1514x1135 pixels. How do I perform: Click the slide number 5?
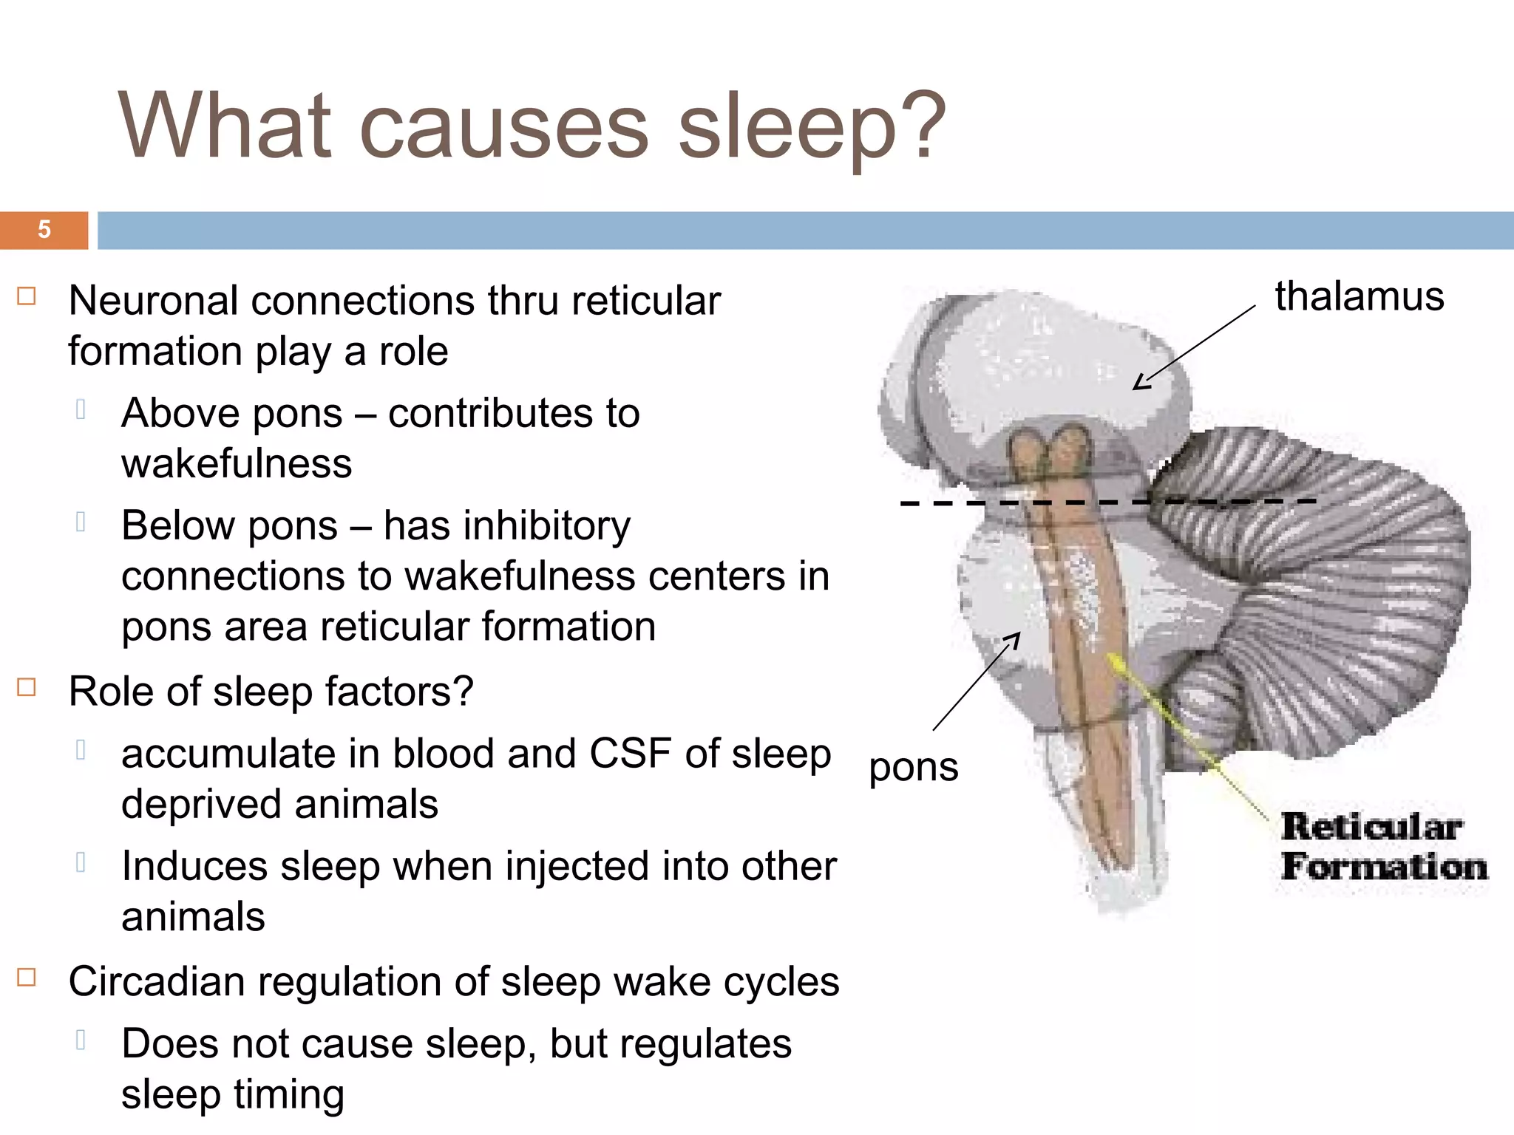(44, 230)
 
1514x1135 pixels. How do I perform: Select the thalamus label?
(1359, 297)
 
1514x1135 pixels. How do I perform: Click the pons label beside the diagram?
(913, 768)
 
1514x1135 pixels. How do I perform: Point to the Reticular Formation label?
(1382, 847)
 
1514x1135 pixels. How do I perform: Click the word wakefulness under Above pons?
(237, 464)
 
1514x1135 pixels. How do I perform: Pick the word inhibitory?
(548, 526)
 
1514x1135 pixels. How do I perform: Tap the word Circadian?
(156, 983)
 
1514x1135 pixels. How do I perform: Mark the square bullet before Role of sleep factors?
(27, 688)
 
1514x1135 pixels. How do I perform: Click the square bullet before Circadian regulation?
(27, 978)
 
